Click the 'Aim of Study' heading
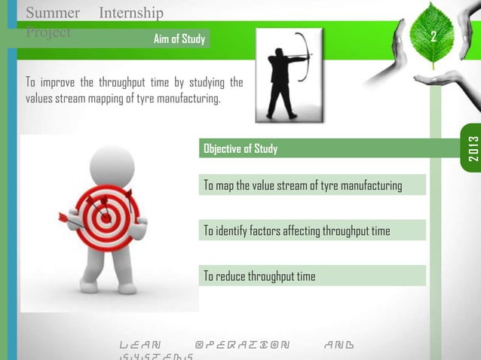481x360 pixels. (179, 39)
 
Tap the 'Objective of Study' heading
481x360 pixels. (240, 149)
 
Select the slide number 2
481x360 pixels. (433, 38)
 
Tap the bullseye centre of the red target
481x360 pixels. (106, 215)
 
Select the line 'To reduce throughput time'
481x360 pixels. (259, 276)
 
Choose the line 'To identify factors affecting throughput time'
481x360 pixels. (297, 230)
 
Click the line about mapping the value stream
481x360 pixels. (302, 185)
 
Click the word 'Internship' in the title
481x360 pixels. (131, 13)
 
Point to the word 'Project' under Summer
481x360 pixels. (47, 32)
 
